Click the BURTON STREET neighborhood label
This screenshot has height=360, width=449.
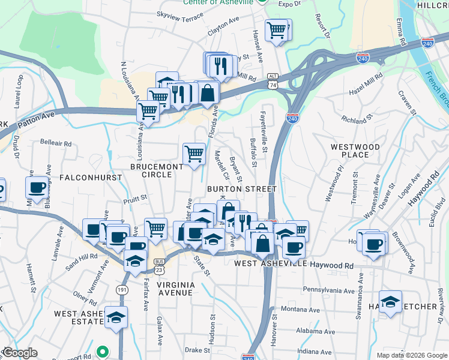(x=241, y=189)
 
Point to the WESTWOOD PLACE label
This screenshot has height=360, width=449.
(x=355, y=151)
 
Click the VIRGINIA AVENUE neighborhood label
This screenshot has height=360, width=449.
(x=158, y=288)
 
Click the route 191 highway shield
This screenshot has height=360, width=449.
(x=122, y=290)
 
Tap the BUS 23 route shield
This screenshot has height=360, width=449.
(x=160, y=266)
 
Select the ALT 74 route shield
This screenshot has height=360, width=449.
(x=273, y=81)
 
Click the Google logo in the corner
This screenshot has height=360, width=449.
(x=20, y=353)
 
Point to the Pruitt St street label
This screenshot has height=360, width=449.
(x=135, y=196)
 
